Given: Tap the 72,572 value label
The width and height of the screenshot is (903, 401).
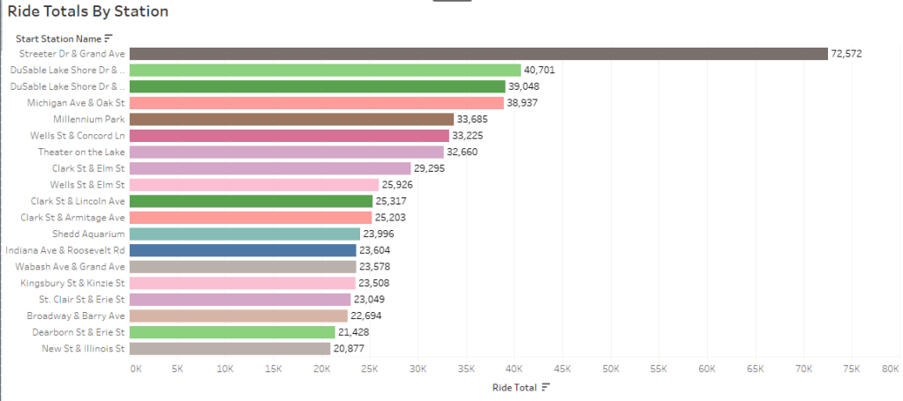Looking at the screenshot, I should point(846,54).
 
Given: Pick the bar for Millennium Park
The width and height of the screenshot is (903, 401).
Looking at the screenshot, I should point(292,119).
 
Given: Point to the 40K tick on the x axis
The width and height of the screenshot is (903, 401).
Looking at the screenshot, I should point(515,368).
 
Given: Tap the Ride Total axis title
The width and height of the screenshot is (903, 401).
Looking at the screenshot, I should point(513,387).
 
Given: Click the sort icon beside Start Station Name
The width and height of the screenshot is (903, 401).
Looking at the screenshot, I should point(109,38).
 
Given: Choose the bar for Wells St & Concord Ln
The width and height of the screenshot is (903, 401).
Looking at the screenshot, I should point(290,136).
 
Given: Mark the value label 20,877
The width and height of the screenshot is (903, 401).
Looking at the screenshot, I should point(348,348).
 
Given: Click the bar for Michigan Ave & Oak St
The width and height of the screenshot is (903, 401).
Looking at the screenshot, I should point(318,103).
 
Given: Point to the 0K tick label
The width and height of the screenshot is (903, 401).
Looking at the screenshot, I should point(135,368).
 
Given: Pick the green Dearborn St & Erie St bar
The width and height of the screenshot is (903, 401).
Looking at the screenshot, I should point(233,331).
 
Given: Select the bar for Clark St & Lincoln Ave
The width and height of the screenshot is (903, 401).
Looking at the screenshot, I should point(251,201).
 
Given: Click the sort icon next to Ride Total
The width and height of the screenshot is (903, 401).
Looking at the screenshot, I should point(546,387).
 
